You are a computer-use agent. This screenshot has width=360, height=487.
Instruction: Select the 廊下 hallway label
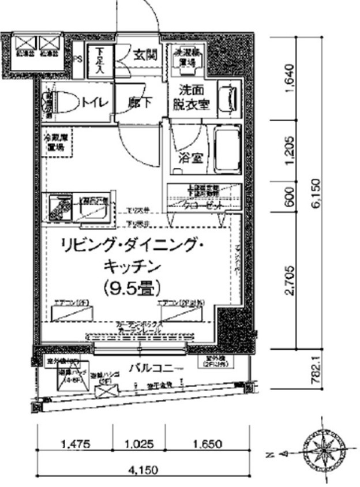pyautogui.click(x=140, y=103)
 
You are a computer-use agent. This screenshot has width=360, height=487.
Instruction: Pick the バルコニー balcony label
pyautogui.click(x=155, y=368)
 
